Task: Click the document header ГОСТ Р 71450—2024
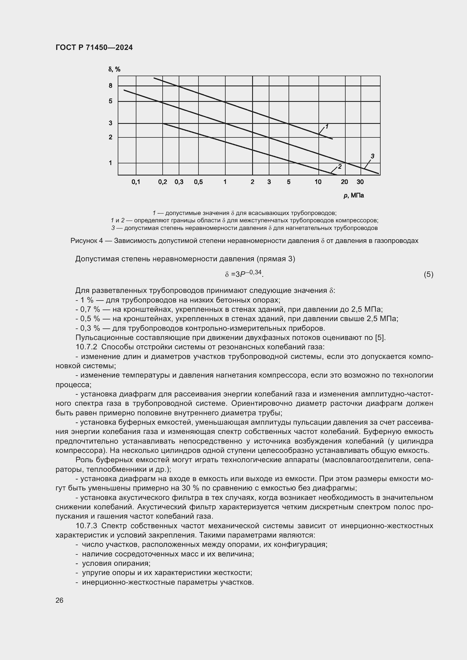(94, 48)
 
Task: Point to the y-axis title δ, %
(114, 69)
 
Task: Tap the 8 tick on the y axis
(110, 86)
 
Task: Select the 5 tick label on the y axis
(110, 101)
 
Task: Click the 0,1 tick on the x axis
(136, 182)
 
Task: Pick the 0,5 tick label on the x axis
(198, 182)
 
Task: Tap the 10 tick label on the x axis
(318, 182)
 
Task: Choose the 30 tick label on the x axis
(360, 182)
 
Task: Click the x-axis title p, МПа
(354, 196)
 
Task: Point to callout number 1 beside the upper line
(327, 126)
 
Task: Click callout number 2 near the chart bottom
(340, 166)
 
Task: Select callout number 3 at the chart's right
(372, 156)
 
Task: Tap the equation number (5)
(428, 275)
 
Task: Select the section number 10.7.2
(87, 347)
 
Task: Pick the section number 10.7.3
(87, 526)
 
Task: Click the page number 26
(60, 600)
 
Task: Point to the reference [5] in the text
(380, 337)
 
